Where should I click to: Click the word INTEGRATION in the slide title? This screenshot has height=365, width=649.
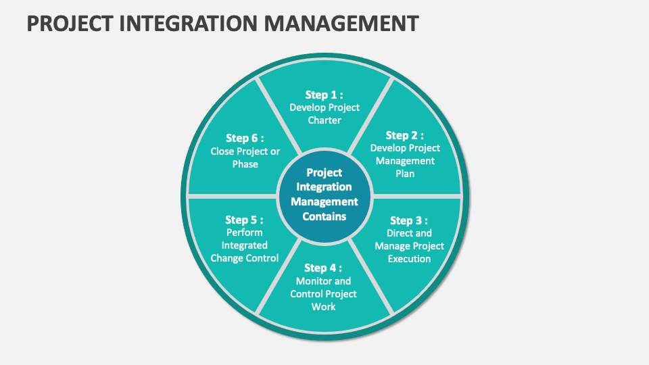coord(189,23)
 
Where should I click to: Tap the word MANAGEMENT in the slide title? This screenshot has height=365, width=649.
coord(341,23)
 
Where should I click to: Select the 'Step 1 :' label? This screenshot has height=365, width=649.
coord(324,95)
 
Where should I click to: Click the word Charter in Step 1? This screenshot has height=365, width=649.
coord(324,120)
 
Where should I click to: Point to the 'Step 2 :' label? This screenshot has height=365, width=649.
coord(405,135)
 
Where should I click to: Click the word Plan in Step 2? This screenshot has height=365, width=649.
coord(405,174)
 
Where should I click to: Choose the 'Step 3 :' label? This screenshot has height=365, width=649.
coord(409,220)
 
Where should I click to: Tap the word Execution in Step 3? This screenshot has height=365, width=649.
coord(410,259)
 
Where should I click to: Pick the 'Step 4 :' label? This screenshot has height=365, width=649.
coord(323,268)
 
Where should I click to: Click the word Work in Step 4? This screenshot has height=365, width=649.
coord(324,307)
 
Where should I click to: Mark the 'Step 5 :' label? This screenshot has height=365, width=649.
coord(244,220)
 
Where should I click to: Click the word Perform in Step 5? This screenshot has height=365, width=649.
coord(245,233)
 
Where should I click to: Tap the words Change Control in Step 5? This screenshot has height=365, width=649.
coord(245,258)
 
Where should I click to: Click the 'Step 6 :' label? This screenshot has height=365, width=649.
coord(245,138)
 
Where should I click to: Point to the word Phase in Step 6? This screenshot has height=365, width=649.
coord(245,164)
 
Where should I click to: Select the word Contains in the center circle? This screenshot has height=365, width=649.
coord(324,216)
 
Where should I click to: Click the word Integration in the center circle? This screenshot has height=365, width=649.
coord(324,187)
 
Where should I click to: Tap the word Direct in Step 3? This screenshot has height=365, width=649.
coord(398,233)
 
